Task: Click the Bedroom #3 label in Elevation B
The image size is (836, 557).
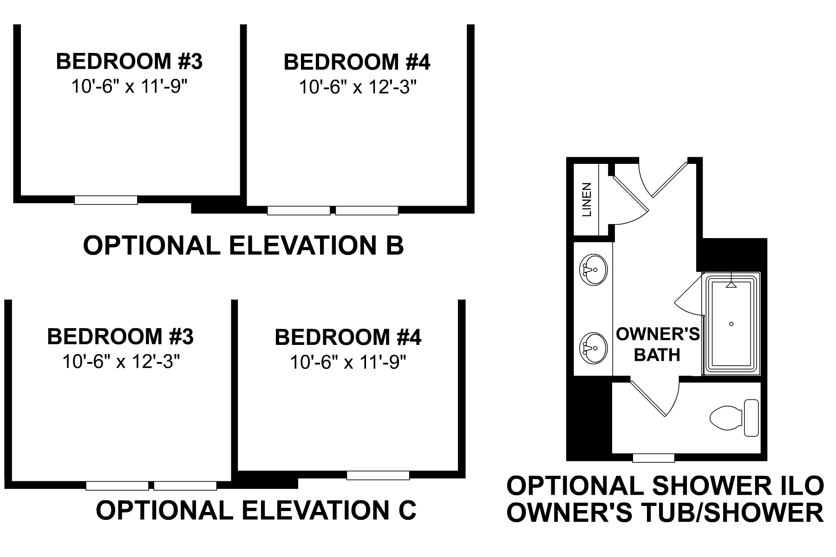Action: click(129, 62)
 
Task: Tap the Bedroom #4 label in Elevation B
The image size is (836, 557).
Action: click(357, 63)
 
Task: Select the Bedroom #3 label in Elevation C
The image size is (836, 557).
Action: click(120, 337)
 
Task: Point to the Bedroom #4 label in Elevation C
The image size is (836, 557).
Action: click(348, 337)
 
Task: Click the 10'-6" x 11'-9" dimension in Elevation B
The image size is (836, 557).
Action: click(129, 86)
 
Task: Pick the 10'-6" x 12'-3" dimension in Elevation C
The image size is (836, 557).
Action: click(121, 362)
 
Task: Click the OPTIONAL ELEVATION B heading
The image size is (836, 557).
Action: click(243, 246)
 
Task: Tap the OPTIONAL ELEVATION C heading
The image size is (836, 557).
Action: click(255, 510)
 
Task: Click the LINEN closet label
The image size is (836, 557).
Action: click(588, 200)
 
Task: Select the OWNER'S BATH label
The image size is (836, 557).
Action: click(657, 344)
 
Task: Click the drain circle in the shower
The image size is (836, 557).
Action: click(731, 324)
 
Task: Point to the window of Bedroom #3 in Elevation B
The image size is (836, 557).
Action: click(106, 200)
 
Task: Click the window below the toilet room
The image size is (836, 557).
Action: click(653, 458)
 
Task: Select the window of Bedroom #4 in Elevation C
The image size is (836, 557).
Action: click(378, 475)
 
